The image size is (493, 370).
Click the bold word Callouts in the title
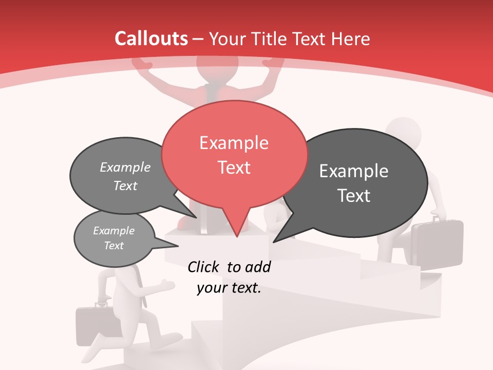click(151, 39)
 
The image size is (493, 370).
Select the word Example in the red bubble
click(234, 143)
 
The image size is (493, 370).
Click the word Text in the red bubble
click(234, 168)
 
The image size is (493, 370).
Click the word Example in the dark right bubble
click(354, 171)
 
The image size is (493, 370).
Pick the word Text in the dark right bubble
click(354, 196)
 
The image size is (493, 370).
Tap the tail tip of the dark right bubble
click(274, 242)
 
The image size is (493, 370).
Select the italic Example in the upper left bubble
click(125, 168)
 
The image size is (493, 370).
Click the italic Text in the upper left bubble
click(125, 186)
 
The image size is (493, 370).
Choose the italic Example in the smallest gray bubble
click(113, 231)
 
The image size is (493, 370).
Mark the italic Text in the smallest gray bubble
click(113, 246)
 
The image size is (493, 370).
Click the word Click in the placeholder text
click(204, 267)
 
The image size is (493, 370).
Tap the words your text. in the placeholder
click(229, 288)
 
